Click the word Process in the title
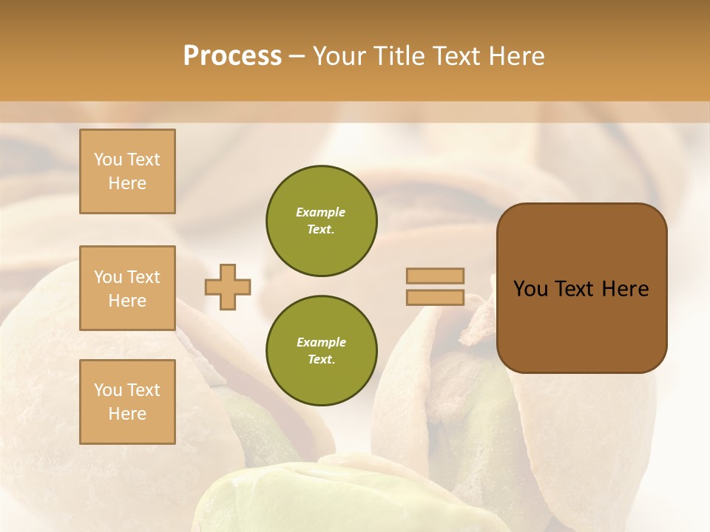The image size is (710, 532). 232,56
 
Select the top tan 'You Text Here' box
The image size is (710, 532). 127,171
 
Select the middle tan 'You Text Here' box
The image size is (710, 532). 127,288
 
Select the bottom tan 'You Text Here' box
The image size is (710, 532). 127,401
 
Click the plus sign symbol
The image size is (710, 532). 228,287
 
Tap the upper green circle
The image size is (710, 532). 321,221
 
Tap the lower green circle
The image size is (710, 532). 321,351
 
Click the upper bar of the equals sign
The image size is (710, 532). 435,276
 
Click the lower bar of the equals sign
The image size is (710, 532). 435,298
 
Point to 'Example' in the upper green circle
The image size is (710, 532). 321,212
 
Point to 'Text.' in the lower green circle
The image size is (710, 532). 321,359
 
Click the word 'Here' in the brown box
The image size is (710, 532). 625,289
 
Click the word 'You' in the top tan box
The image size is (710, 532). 108,160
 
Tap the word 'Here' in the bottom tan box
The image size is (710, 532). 127,414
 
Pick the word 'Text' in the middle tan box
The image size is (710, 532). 143,277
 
